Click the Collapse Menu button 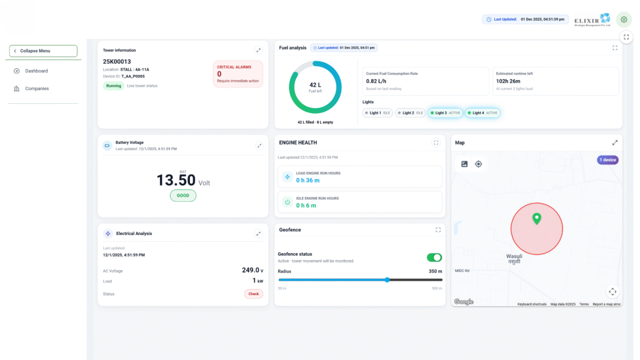click(x=43, y=51)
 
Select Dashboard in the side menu click(x=36, y=71)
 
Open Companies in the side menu click(x=36, y=89)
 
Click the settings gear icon click(x=623, y=19)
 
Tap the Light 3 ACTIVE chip click(x=446, y=113)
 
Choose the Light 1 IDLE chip click(x=378, y=113)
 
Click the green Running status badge click(x=114, y=86)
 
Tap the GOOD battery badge click(x=182, y=196)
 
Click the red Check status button click(x=253, y=294)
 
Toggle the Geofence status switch click(x=434, y=257)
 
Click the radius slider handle click(x=387, y=280)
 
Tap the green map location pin click(x=536, y=219)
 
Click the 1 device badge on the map click(x=607, y=160)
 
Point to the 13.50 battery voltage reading click(x=176, y=181)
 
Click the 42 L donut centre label click(x=315, y=86)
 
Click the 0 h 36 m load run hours click(x=307, y=180)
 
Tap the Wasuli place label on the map click(x=514, y=256)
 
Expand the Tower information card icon click(x=258, y=51)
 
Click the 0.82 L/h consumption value click(x=377, y=81)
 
